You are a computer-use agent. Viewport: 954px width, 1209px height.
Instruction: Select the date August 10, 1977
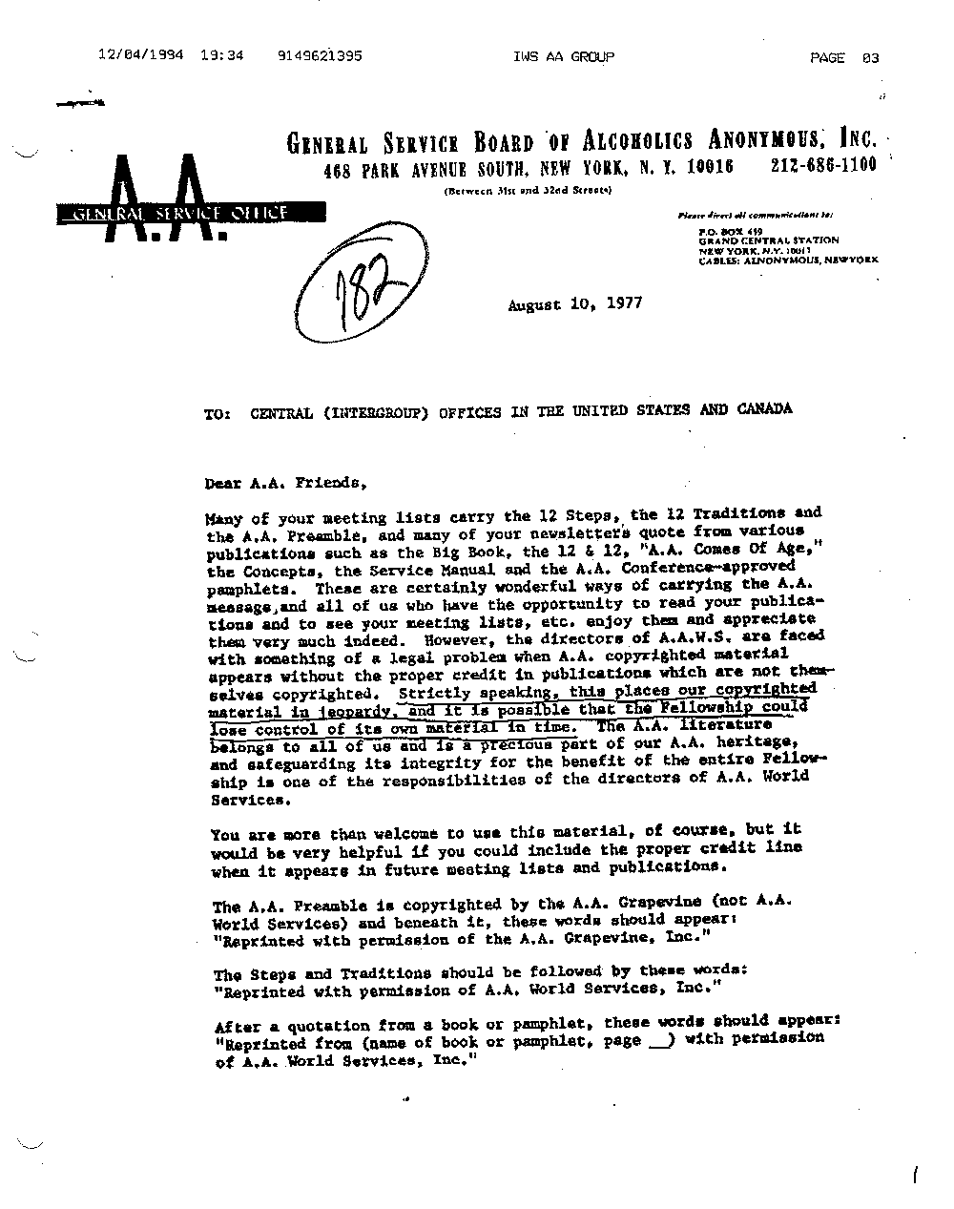click(574, 304)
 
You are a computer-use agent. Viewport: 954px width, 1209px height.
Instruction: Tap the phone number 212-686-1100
click(823, 165)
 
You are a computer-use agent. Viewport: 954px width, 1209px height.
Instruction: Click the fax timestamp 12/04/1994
click(141, 56)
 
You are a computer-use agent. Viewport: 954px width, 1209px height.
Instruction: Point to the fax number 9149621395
click(321, 56)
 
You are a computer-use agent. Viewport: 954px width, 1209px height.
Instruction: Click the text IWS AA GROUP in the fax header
click(563, 57)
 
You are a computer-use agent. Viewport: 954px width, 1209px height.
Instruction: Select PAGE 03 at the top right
click(844, 58)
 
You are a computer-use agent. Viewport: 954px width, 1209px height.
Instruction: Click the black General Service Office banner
click(172, 214)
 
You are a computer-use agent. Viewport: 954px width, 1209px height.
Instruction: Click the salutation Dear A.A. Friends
click(285, 483)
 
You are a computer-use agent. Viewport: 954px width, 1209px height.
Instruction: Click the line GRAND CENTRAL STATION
click(768, 240)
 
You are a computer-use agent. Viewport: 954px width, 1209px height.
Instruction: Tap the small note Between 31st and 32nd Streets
click(528, 191)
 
